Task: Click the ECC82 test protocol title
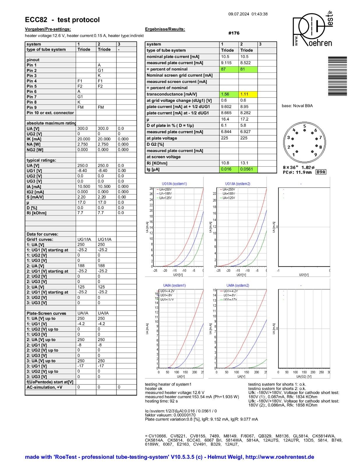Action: click(62, 20)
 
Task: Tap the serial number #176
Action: click(234, 33)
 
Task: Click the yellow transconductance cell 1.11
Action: click(248, 94)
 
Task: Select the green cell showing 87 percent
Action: click(229, 69)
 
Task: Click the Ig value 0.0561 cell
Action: click(248, 169)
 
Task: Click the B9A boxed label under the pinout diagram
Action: click(321, 172)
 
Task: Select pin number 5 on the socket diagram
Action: click(305, 126)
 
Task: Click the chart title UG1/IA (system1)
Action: click(174, 184)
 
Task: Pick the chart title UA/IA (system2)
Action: click(238, 285)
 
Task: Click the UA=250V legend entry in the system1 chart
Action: click(165, 189)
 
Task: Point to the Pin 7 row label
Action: click(32, 97)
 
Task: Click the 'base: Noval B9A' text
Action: click(297, 106)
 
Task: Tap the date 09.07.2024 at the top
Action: click(239, 14)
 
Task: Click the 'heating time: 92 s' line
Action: click(161, 401)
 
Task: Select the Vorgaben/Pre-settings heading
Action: click(48, 29)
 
